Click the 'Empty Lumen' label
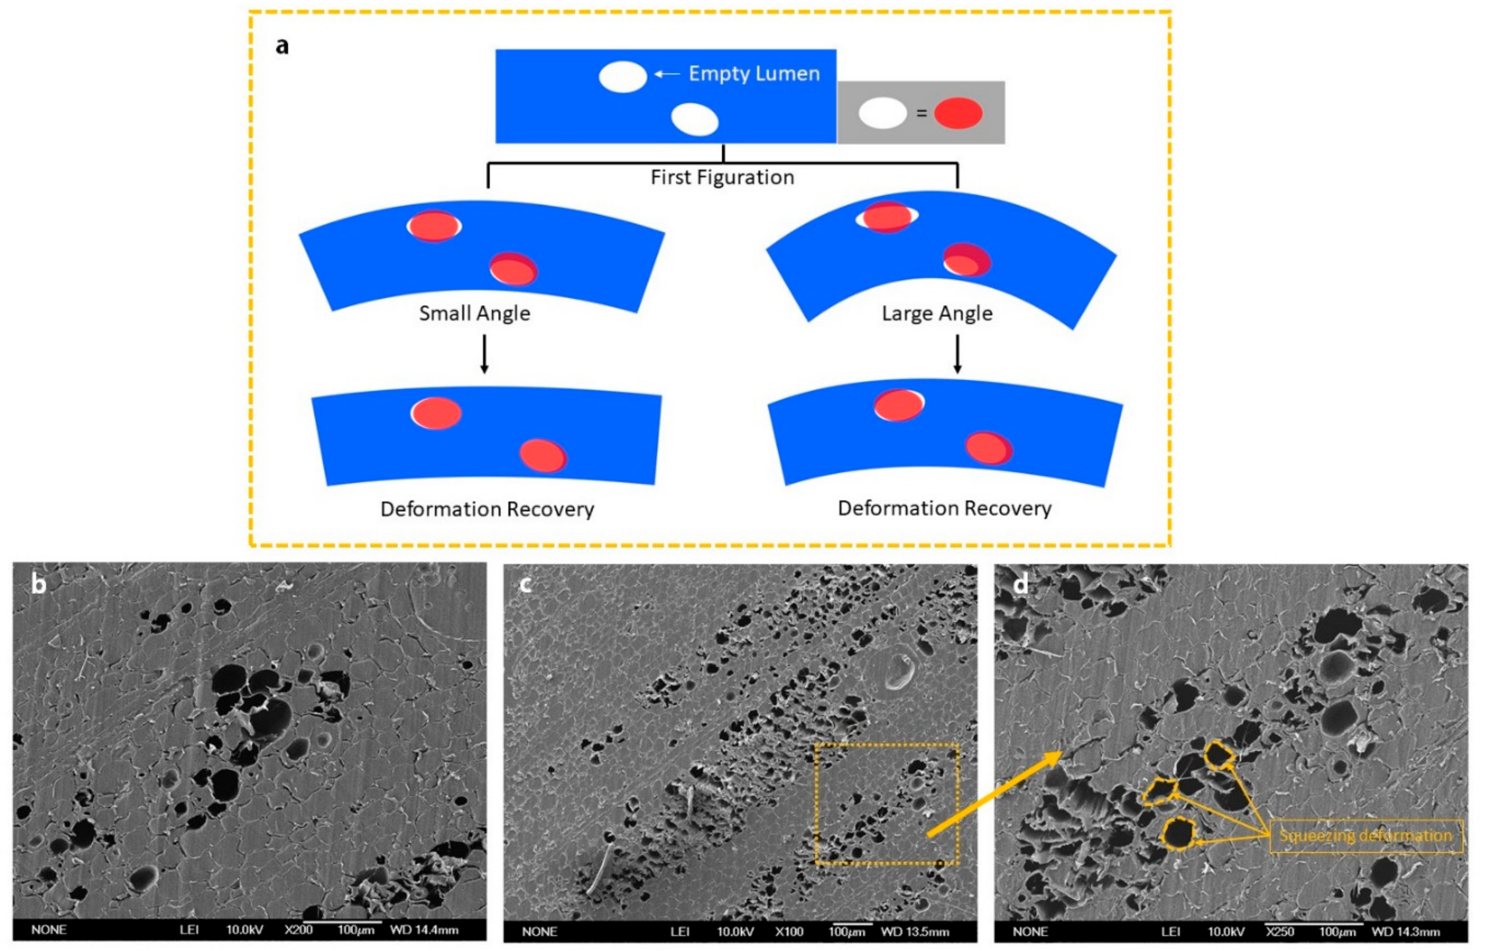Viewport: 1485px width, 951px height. tap(754, 73)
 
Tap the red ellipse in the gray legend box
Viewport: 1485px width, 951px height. tap(958, 114)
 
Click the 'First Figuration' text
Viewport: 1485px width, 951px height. tap(722, 178)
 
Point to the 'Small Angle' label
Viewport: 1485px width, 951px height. tap(474, 314)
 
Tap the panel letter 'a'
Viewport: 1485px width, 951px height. tap(282, 46)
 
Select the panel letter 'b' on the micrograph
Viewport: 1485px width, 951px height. tap(38, 584)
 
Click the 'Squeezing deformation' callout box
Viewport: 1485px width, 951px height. tap(1366, 836)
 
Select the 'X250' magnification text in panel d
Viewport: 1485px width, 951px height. tap(1280, 932)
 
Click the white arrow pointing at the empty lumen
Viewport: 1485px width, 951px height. tap(667, 74)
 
